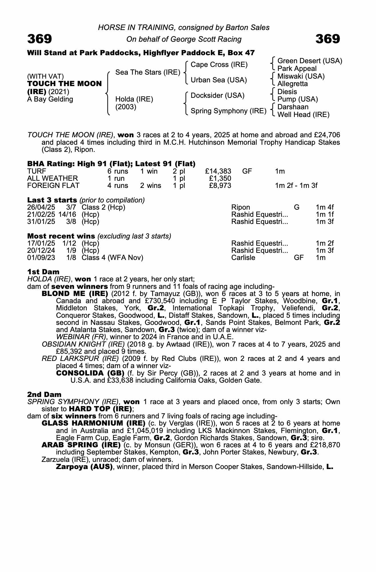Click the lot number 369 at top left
click(x=39, y=39)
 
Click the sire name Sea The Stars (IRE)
click(x=148, y=72)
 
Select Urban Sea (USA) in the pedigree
click(x=218, y=80)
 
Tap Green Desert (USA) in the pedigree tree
click(x=310, y=61)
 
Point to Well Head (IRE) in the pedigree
click(x=303, y=115)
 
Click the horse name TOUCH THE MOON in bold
click(x=64, y=84)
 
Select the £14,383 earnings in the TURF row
click(x=218, y=171)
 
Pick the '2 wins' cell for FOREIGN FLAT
click(x=150, y=186)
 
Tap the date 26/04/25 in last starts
click(x=41, y=207)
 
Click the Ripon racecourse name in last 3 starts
click(x=240, y=207)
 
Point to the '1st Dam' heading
click(x=43, y=272)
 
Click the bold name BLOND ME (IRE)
click(x=75, y=294)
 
